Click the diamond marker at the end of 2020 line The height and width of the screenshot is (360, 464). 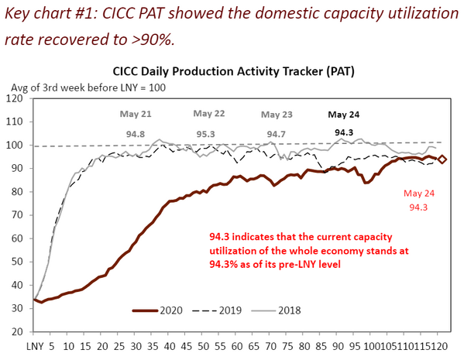[442, 159]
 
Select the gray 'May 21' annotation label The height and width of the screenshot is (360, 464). [136, 114]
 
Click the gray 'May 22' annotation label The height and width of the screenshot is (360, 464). [209, 113]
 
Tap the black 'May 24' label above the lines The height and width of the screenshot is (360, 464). [343, 114]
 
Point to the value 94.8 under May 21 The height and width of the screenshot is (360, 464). [136, 133]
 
